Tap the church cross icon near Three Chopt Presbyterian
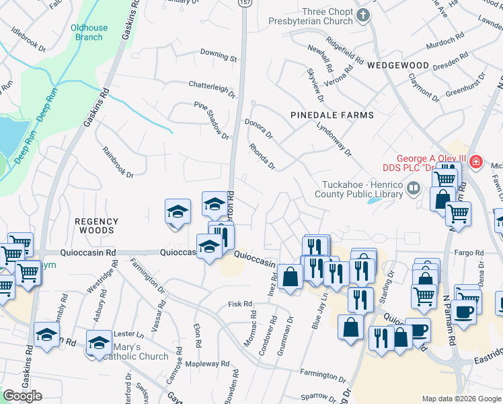pyautogui.click(x=363, y=15)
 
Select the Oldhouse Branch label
pyautogui.click(x=89, y=32)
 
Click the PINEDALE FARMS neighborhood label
pyautogui.click(x=332, y=115)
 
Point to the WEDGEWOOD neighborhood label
pyautogui.click(x=398, y=65)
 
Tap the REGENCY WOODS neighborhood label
pyautogui.click(x=96, y=226)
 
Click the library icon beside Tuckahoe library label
pyautogui.click(x=415, y=190)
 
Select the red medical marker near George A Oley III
pyautogui.click(x=476, y=162)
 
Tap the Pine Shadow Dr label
pyautogui.click(x=212, y=119)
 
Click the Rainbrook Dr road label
pyautogui.click(x=118, y=162)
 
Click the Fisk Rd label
pyautogui.click(x=239, y=304)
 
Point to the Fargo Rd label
pyautogui.click(x=469, y=252)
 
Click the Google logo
pyautogui.click(x=22, y=396)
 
